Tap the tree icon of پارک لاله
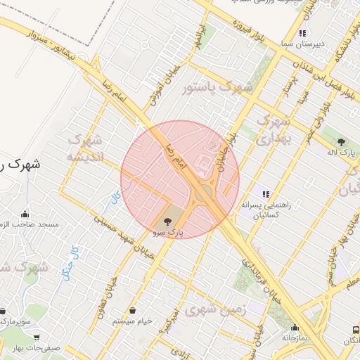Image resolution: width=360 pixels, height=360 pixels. click(341, 141)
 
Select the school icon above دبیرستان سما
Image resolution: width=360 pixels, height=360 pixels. click(302, 33)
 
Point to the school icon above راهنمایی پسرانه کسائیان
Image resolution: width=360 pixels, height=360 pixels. click(266, 194)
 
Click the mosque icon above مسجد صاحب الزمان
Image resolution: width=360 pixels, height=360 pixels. click(26, 214)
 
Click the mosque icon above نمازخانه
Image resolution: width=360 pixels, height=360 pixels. click(295, 328)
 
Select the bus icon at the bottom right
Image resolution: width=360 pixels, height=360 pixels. click(352, 330)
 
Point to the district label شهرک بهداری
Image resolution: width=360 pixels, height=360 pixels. click(271, 131)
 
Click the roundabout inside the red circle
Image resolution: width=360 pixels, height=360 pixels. click(205, 192)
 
